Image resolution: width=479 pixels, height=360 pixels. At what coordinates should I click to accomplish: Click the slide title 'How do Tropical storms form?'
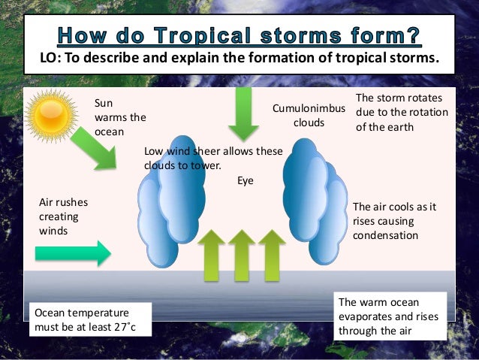tap(239, 35)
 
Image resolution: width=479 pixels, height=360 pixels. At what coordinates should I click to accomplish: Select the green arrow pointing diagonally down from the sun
tap(95, 148)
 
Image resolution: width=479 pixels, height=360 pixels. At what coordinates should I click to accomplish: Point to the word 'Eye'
tap(246, 180)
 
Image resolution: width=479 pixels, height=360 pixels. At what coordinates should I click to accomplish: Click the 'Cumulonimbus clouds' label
tap(309, 116)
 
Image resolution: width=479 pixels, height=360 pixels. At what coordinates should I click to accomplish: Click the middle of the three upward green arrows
tap(241, 256)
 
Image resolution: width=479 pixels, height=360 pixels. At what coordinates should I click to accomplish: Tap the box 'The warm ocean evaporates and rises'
tap(390, 316)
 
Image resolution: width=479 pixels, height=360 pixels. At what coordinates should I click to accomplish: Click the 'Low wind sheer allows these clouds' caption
tap(213, 158)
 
